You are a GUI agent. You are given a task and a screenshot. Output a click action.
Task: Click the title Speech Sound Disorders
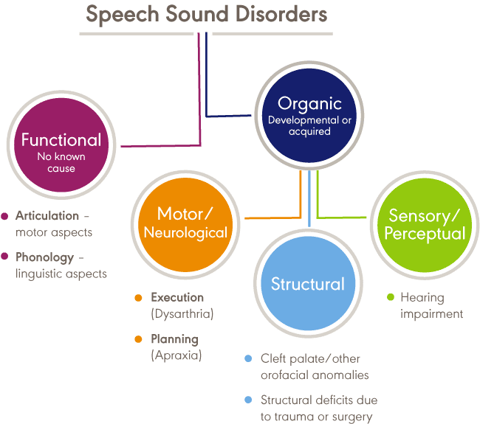pyautogui.click(x=206, y=15)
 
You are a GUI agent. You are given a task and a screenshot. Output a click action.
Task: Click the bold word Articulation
pyautogui.click(x=47, y=216)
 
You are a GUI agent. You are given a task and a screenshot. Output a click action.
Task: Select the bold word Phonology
pyautogui.click(x=45, y=257)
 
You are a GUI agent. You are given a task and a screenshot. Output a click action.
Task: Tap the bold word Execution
pyautogui.click(x=177, y=298)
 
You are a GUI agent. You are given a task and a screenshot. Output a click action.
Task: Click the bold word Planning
pyautogui.click(x=175, y=339)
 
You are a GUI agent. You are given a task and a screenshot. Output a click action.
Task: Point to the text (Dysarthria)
pyautogui.click(x=182, y=313)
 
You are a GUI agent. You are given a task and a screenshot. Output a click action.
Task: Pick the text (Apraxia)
pyautogui.click(x=176, y=355)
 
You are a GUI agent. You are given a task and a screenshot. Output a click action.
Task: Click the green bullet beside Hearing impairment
pyautogui.click(x=390, y=298)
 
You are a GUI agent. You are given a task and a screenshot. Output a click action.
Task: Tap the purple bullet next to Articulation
pyautogui.click(x=5, y=216)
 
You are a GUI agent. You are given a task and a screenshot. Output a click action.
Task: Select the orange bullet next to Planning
pyautogui.click(x=138, y=339)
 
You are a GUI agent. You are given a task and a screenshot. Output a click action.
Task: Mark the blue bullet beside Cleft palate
pyautogui.click(x=249, y=359)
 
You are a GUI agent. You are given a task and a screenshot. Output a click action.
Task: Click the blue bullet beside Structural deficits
pyautogui.click(x=249, y=400)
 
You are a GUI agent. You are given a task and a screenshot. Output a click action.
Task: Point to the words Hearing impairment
pyautogui.click(x=431, y=306)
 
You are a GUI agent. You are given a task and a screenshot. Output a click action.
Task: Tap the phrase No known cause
pyautogui.click(x=61, y=162)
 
